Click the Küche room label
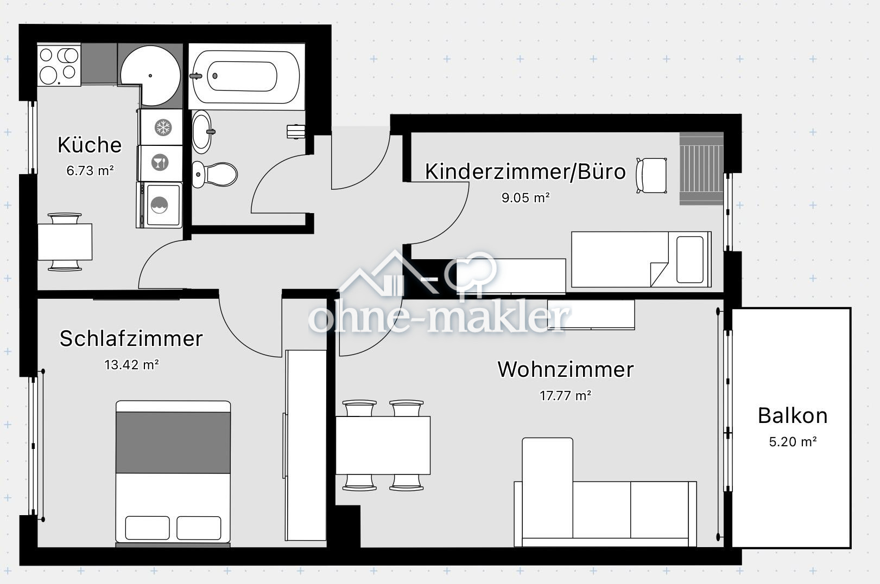(90, 145)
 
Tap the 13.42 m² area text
(131, 364)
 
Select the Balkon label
(793, 415)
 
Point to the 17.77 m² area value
(565, 396)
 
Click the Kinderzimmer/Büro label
(525, 171)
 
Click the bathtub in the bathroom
(246, 76)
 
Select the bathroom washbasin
(202, 131)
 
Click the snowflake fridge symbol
(162, 128)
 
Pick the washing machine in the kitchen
(160, 205)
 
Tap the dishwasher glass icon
(160, 162)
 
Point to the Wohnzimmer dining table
(383, 445)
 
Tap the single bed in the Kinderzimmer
(641, 259)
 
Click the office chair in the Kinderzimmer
(652, 175)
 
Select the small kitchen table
(65, 242)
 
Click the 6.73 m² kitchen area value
(90, 171)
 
